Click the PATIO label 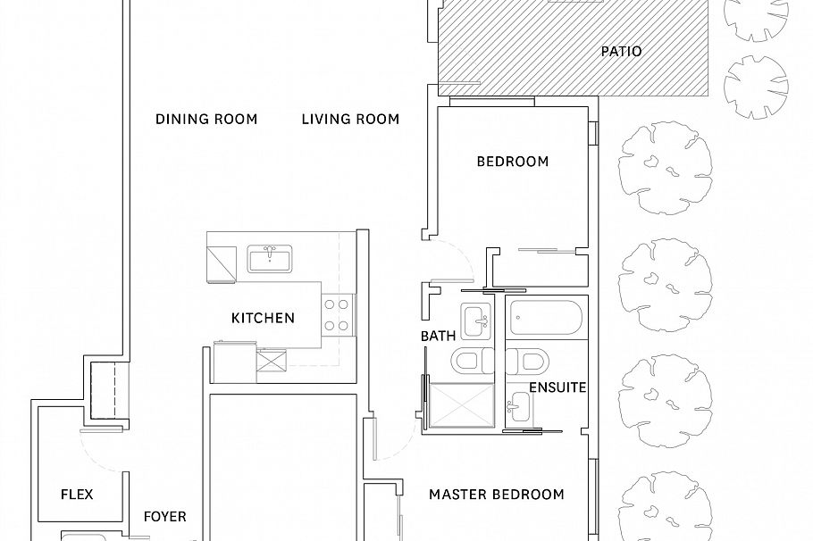click(x=621, y=52)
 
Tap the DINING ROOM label click(x=206, y=119)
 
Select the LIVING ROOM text click(x=350, y=119)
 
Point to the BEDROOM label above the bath click(x=512, y=162)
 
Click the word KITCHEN click(x=263, y=318)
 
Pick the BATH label click(x=438, y=337)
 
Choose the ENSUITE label click(x=557, y=387)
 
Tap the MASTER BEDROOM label click(x=496, y=495)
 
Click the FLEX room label click(x=77, y=495)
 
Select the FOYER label click(x=165, y=517)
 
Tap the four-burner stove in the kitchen click(x=337, y=314)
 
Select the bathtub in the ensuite click(x=546, y=317)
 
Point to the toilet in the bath click(x=469, y=362)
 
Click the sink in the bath click(x=475, y=319)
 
